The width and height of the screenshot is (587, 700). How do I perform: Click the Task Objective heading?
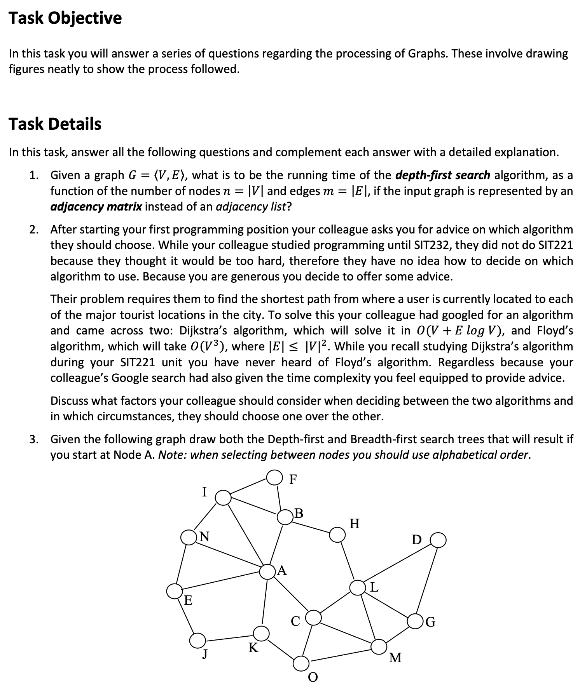pyautogui.click(x=65, y=18)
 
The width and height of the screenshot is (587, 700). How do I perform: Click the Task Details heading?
pyautogui.click(x=55, y=124)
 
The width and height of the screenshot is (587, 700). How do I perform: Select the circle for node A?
pyautogui.click(x=267, y=571)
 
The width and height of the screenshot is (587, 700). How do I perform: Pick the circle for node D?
pyautogui.click(x=439, y=540)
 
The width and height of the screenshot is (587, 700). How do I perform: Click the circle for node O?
pyautogui.click(x=300, y=663)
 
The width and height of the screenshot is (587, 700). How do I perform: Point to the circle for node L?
pyautogui.click(x=357, y=588)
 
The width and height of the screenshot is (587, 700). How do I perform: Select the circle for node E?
pyautogui.click(x=174, y=591)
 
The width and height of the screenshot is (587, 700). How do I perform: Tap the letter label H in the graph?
pyautogui.click(x=355, y=524)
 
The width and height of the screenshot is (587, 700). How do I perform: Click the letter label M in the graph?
pyautogui.click(x=395, y=658)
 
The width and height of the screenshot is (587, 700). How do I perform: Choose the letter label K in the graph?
pyautogui.click(x=253, y=648)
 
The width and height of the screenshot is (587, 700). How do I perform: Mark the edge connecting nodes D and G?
pyautogui.click(x=427, y=580)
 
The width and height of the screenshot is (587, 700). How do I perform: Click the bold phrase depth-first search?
pyautogui.click(x=442, y=175)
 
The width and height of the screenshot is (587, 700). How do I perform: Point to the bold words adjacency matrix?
pyautogui.click(x=96, y=207)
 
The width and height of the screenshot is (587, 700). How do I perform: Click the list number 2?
pyautogui.click(x=33, y=230)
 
